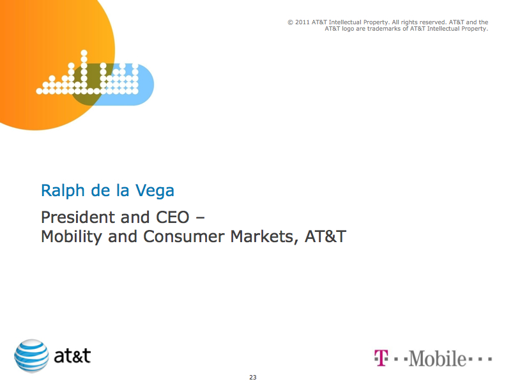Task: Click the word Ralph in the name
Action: [63, 190]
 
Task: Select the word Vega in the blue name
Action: [155, 190]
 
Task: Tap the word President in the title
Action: [78, 217]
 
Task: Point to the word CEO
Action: [172, 217]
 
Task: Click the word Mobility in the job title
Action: [72, 237]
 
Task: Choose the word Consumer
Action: [183, 236]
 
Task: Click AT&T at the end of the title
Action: [325, 236]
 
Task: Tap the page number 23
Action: [252, 377]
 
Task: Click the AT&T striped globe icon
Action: [32, 356]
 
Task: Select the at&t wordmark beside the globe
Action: [72, 356]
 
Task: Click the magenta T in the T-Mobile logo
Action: [381, 358]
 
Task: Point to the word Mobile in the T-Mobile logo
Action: [437, 358]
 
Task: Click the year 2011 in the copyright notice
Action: [302, 22]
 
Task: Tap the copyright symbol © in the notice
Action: [291, 22]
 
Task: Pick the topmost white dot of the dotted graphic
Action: [84, 53]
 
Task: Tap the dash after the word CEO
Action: [200, 218]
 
